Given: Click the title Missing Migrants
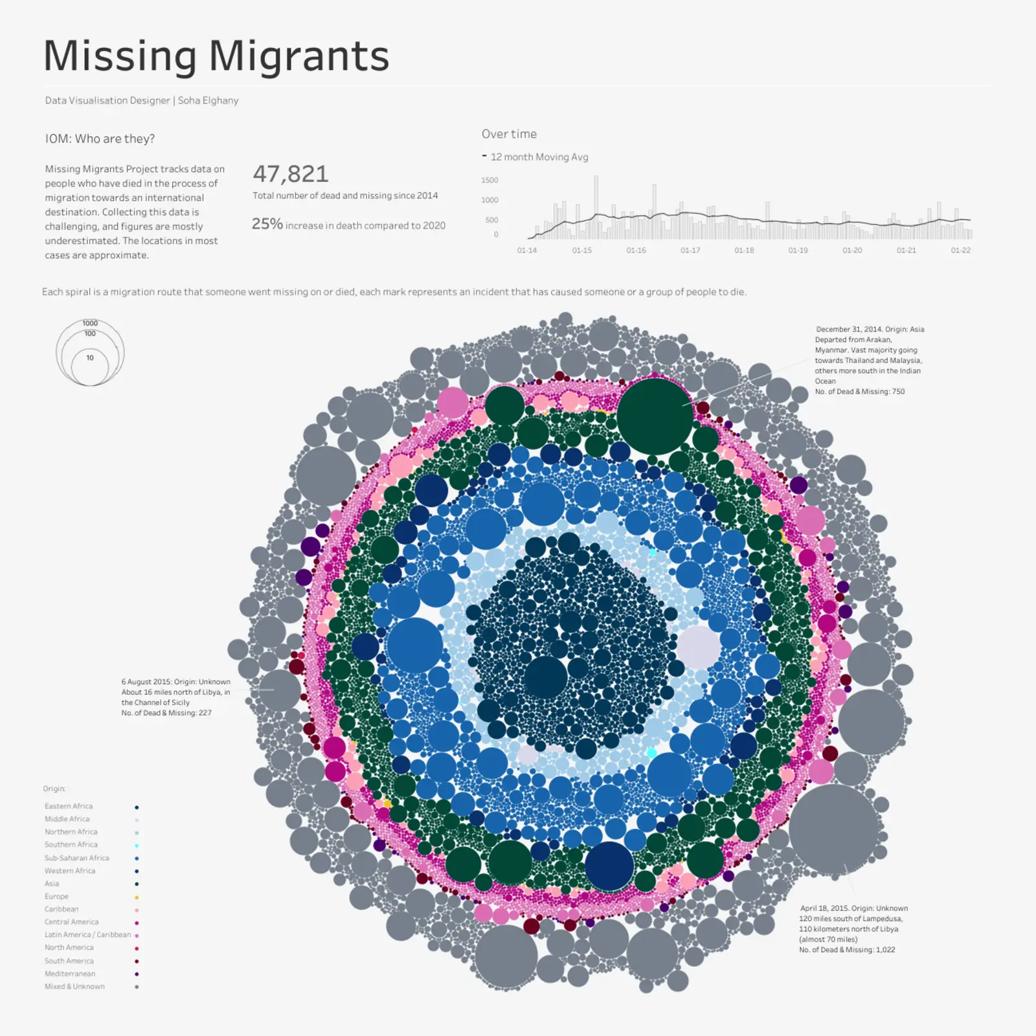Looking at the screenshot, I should [x=216, y=56].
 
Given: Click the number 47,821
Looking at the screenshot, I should [x=291, y=174].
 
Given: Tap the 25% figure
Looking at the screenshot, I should [x=267, y=224].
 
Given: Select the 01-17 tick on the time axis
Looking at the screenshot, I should [x=690, y=251].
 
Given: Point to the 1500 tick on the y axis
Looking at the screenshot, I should [x=490, y=180].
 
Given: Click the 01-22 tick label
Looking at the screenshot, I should [x=960, y=251].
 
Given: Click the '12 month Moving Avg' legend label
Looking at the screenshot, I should [x=539, y=157].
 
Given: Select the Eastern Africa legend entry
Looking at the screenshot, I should [x=69, y=806].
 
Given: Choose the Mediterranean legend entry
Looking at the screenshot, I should [x=70, y=974].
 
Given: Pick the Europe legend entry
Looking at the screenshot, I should [x=56, y=897].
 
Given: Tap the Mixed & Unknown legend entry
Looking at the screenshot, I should [x=74, y=987].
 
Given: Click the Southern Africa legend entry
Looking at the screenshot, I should [x=71, y=845].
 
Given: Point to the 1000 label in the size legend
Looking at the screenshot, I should [x=90, y=323].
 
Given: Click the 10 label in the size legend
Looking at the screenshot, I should [x=90, y=357].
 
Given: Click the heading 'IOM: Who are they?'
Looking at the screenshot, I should [x=100, y=139].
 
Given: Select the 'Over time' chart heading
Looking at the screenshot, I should [x=509, y=134].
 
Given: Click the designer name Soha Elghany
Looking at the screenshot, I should [x=208, y=100].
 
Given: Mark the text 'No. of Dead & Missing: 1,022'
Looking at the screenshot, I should [x=847, y=950].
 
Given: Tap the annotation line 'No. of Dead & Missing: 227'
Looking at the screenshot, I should [x=166, y=713].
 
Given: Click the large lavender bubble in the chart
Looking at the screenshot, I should [x=699, y=647].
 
